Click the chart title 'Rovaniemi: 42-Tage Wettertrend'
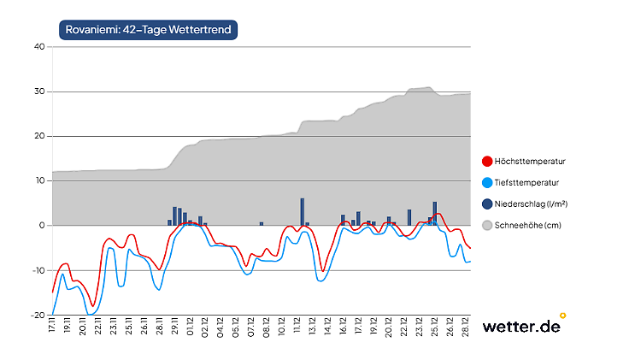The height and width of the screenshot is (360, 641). click(148, 28)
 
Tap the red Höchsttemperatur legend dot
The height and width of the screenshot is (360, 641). click(487, 161)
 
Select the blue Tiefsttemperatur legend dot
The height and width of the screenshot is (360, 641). click(487, 182)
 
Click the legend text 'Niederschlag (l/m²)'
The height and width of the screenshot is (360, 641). click(532, 204)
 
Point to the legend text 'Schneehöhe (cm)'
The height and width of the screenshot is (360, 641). click(526, 225)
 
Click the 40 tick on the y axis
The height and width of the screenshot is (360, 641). click(38, 47)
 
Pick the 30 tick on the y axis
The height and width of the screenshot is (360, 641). click(38, 91)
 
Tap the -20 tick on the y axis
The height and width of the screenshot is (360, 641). click(37, 315)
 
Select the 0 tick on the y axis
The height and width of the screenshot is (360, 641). click(41, 226)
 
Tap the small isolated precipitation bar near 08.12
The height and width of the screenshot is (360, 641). click(262, 224)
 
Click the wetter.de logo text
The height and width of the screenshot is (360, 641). click(520, 327)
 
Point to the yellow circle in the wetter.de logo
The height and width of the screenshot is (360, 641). click(562, 315)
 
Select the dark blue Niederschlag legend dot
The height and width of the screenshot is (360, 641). click(487, 204)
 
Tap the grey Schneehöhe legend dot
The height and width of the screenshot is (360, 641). click(487, 225)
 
